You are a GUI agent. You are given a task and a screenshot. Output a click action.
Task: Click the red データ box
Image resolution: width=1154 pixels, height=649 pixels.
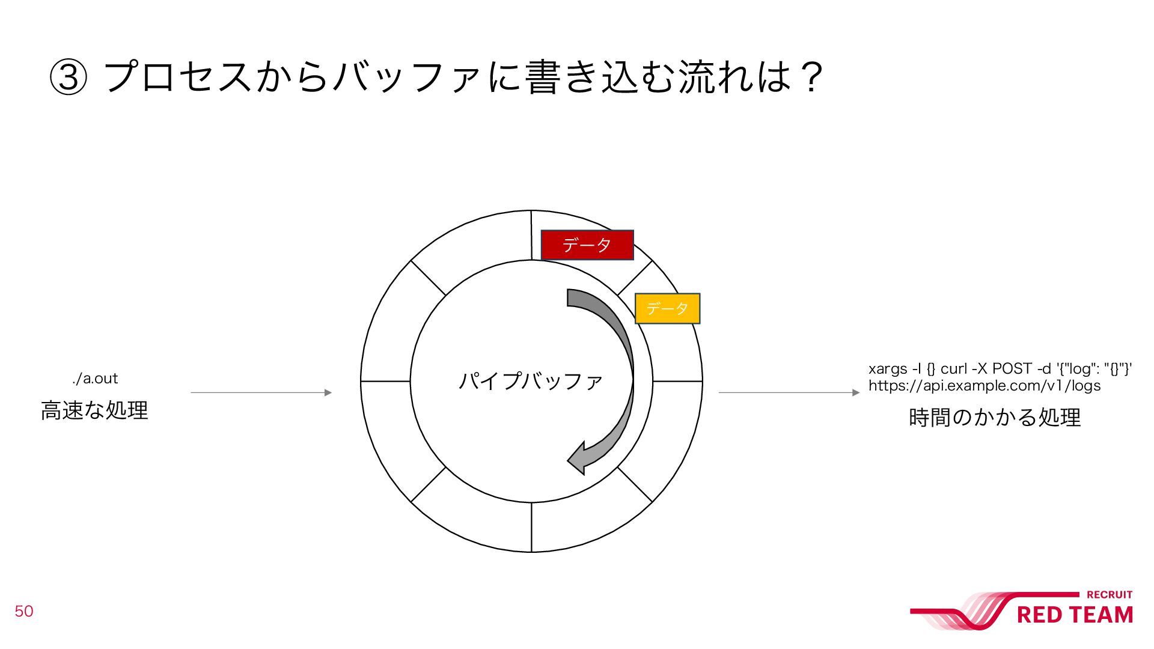point(587,245)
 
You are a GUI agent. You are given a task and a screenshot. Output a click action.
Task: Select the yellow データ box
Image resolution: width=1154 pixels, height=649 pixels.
point(667,308)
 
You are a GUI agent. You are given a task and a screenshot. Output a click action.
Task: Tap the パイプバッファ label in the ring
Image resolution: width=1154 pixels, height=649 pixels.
point(530,381)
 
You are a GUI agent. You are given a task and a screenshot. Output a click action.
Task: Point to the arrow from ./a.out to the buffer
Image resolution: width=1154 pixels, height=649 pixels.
point(261,392)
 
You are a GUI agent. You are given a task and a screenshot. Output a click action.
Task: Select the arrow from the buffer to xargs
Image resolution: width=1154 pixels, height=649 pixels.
point(789,392)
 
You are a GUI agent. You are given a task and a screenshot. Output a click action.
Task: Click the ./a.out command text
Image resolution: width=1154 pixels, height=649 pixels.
point(95,379)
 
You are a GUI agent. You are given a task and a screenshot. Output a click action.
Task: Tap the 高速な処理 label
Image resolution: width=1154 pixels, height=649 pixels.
point(94,410)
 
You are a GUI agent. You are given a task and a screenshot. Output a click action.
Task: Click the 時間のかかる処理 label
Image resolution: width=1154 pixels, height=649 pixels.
point(995,417)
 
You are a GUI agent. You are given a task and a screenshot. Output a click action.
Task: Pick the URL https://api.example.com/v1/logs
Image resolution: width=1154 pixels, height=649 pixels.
point(985,386)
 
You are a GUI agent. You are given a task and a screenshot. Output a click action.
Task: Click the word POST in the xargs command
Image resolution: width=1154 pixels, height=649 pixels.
point(1012,368)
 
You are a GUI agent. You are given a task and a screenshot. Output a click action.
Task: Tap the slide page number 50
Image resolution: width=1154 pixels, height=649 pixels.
point(24,611)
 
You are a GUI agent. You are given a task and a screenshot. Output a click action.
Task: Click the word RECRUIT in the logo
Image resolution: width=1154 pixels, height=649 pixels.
point(1109,595)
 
